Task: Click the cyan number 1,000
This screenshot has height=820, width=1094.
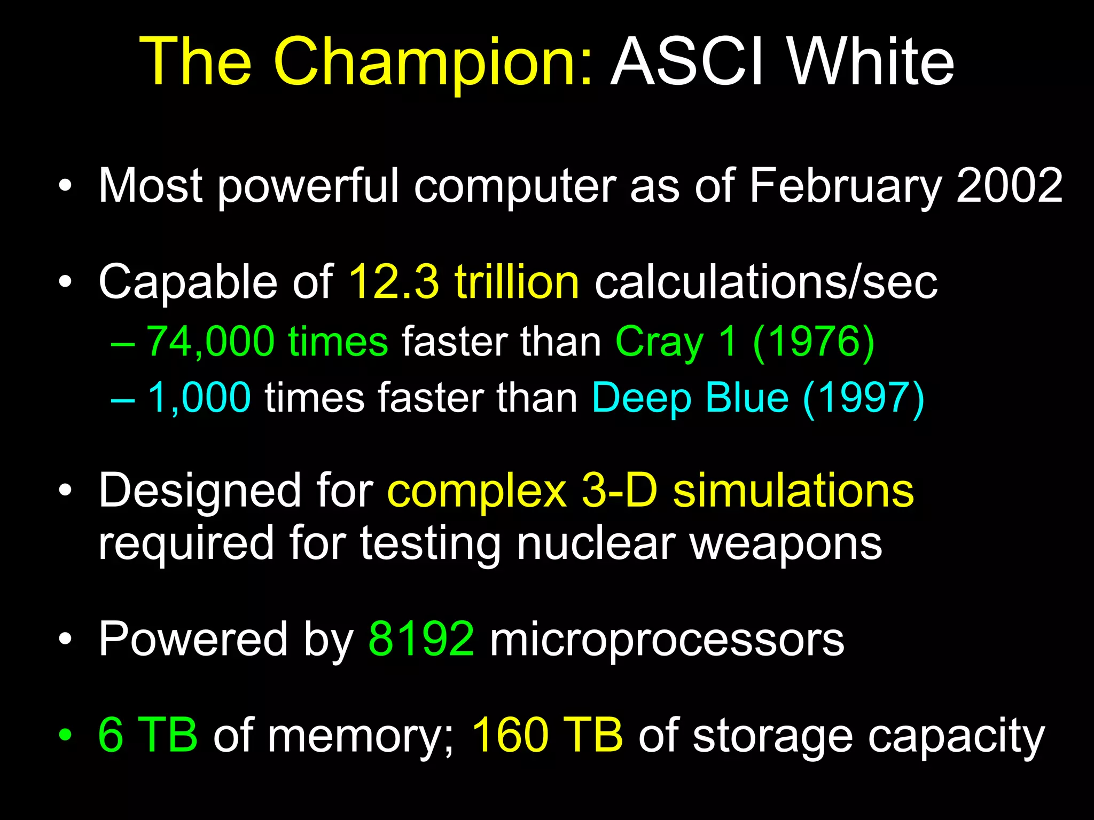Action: [199, 397]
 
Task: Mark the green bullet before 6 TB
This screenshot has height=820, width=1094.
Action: [65, 735]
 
